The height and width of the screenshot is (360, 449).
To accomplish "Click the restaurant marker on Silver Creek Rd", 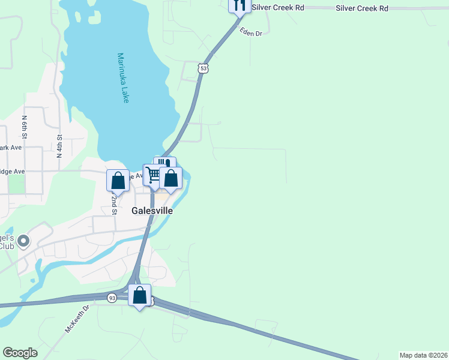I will coord(240,5).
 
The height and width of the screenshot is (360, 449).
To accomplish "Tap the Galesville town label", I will coord(152,211).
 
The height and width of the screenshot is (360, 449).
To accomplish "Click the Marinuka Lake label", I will coord(122,78).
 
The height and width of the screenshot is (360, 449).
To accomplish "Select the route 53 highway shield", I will coord(204,69).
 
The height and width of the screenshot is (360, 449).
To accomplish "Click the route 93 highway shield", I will coord(112,298).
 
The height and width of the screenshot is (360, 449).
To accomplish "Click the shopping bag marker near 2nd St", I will coord(118,181).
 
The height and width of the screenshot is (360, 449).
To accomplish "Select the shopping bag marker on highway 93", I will coord(139,295).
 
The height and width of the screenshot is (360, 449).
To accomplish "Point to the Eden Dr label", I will coord(251,32).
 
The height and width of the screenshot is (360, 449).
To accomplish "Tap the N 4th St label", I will coord(60,146).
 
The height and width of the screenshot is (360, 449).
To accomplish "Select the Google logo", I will coord(20,353).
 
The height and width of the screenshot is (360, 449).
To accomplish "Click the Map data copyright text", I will coord(423,355).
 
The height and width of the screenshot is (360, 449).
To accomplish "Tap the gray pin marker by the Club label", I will coord(23,241).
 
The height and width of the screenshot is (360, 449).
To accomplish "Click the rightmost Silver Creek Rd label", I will coord(362,8).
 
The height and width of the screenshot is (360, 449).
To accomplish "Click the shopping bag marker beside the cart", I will coord(170,178).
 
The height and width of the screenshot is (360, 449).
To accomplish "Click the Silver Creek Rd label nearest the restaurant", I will coord(279,8).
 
